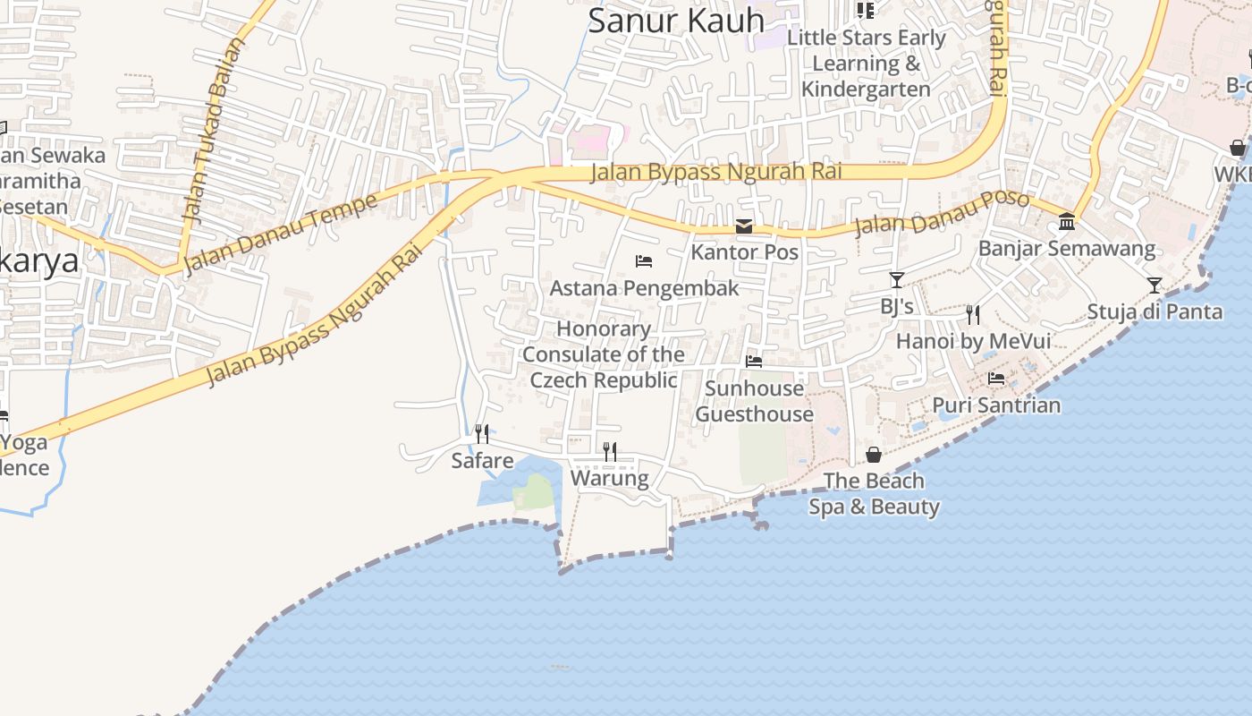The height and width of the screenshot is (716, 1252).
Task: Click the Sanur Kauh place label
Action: (x=676, y=20)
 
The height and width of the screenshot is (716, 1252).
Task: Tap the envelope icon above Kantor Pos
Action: (x=744, y=226)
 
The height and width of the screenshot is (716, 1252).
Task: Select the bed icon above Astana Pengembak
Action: (x=644, y=261)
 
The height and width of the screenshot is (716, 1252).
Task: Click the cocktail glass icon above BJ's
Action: (x=897, y=280)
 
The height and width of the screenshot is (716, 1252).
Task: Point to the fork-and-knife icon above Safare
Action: (x=482, y=434)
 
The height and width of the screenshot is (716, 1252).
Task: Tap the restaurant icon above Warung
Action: (x=610, y=451)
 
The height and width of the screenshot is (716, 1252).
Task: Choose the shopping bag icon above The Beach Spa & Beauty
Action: (x=874, y=455)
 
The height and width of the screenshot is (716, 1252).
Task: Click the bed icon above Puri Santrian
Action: (x=996, y=379)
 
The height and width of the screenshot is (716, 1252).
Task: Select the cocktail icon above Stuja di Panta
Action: (x=1155, y=286)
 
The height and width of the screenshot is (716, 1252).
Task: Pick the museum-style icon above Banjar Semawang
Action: (x=1067, y=221)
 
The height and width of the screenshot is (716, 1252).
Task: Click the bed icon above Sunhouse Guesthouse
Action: (x=754, y=362)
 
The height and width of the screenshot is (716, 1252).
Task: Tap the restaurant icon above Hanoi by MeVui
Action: (x=973, y=314)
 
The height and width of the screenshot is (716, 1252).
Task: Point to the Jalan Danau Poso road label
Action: (x=941, y=211)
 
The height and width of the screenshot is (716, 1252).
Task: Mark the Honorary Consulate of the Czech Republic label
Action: (x=604, y=354)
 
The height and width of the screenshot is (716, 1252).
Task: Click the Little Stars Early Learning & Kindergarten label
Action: (x=866, y=64)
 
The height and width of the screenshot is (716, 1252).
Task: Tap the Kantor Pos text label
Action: (x=744, y=252)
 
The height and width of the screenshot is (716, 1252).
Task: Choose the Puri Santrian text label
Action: (x=996, y=405)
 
